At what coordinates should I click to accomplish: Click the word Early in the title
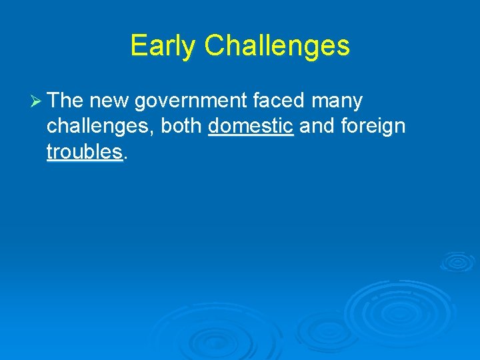[x=164, y=46]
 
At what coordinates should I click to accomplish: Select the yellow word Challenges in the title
[x=277, y=46]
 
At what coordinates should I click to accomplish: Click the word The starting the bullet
[x=65, y=101]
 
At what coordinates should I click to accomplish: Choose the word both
[x=181, y=126]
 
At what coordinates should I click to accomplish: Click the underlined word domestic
[x=251, y=126]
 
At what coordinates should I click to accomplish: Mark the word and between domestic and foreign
[x=317, y=126]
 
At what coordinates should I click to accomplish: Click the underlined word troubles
[x=85, y=151]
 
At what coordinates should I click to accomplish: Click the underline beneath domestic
[x=251, y=135]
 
